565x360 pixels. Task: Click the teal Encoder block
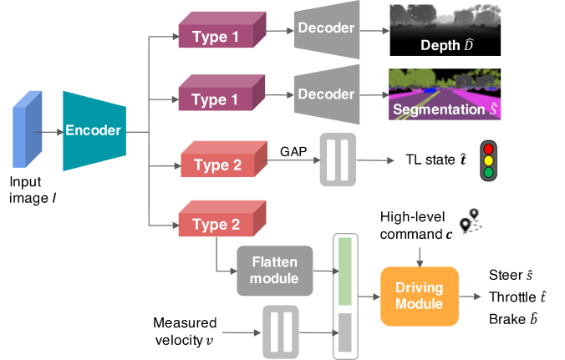coord(94,131)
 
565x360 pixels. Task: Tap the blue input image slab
coord(25,131)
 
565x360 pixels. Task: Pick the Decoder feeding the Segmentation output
coord(327,94)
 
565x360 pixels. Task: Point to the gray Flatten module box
coord(275,270)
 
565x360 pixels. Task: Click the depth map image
coord(445,28)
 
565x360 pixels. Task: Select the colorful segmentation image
coord(445,94)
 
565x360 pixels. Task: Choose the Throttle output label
coord(518,296)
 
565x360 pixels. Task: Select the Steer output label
coord(511,275)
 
